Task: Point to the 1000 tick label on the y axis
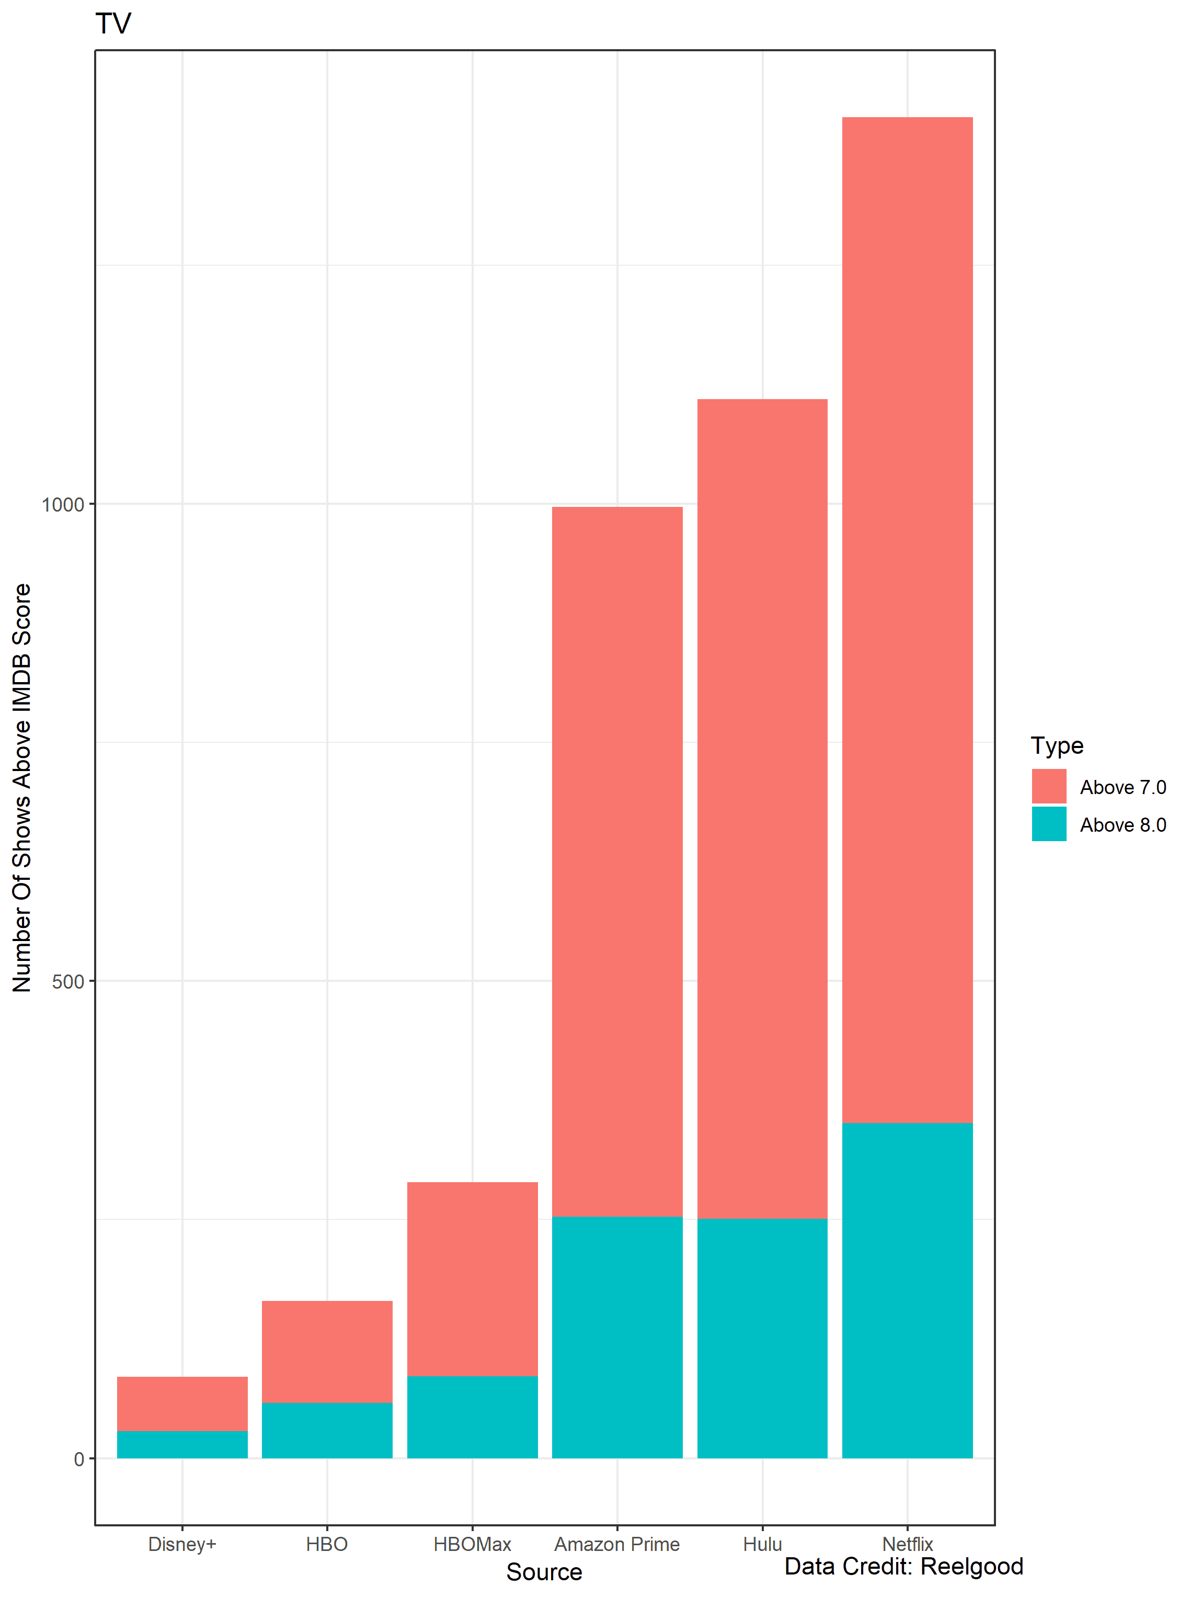tap(63, 504)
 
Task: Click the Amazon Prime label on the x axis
tap(616, 1544)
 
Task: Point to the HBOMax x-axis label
tap(472, 1544)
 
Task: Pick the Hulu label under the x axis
tap(762, 1544)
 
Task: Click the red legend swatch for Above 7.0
tap(1048, 786)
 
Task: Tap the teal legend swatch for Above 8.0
tap(1048, 824)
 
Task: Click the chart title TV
tap(113, 24)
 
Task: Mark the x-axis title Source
tap(544, 1572)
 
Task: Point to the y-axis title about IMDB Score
tap(21, 788)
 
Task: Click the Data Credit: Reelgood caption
tap(903, 1566)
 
